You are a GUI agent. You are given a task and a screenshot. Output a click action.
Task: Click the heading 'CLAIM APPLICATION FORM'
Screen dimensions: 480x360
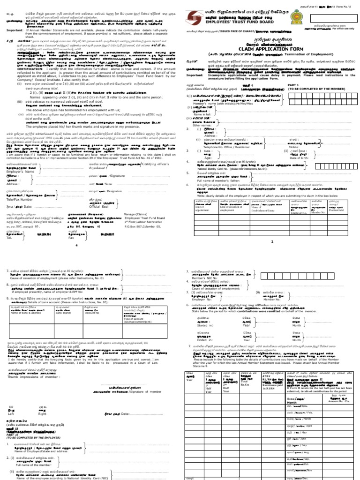point(272,61)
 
